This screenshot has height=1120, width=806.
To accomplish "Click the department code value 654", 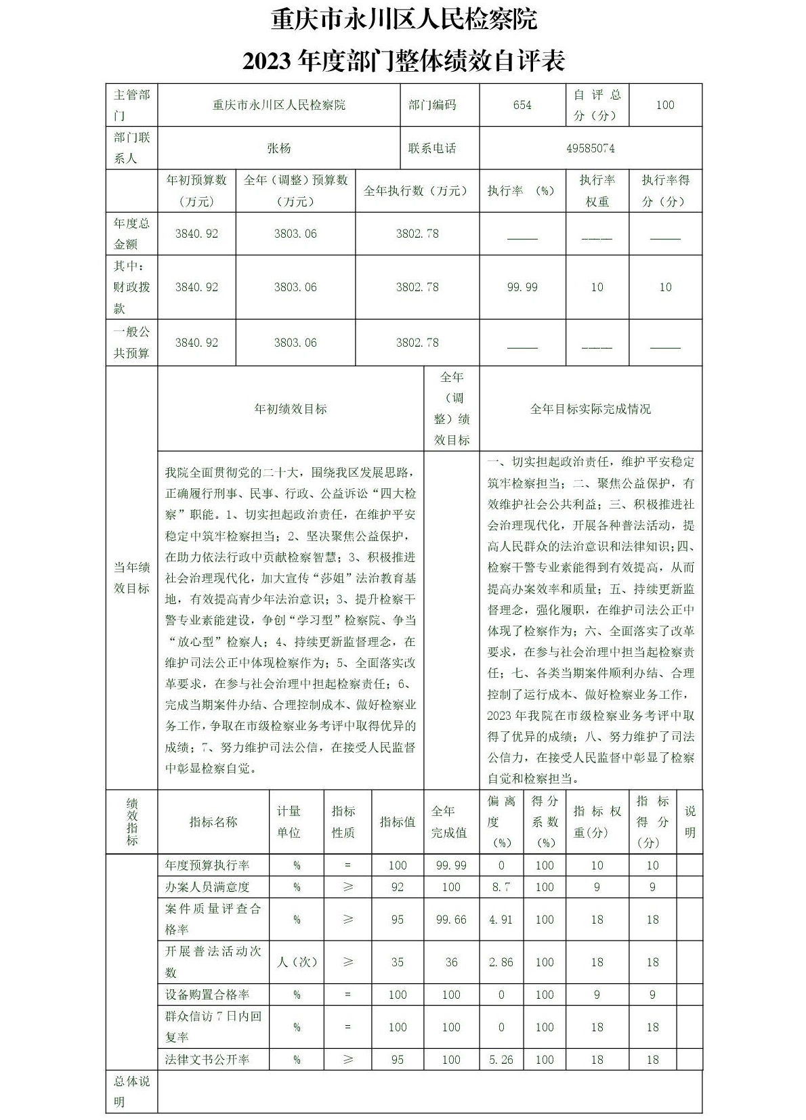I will tap(522, 105).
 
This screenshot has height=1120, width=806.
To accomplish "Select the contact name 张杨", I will tap(278, 148).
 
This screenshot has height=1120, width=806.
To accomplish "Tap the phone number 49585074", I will tap(591, 148).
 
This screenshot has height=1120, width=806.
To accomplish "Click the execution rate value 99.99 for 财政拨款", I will tap(522, 287).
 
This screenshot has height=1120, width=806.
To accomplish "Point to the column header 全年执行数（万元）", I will tap(417, 191).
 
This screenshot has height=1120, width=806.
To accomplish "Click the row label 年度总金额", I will tap(131, 234).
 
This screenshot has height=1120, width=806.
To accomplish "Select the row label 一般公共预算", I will tap(131, 343).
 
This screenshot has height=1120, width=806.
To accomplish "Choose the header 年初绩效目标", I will tap(291, 409).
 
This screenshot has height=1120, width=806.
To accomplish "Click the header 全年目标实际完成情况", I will tap(590, 409).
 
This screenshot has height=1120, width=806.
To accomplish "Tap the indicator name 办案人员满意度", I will tap(207, 887).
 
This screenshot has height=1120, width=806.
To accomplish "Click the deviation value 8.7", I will tap(501, 887).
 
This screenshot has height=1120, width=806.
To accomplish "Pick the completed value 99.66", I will tap(451, 920).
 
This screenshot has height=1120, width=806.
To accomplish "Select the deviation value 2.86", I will tap(501, 962).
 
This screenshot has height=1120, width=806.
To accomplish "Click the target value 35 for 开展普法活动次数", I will tap(398, 962).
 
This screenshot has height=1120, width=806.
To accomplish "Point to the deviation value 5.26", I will tap(501, 1060).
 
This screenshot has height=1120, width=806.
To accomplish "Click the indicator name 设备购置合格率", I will tap(207, 995).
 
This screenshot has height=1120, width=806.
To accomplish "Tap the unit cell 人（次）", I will tap(297, 962).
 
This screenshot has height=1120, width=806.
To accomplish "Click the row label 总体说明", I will tap(131, 1092).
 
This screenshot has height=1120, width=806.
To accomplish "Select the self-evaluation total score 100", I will tap(665, 105).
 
